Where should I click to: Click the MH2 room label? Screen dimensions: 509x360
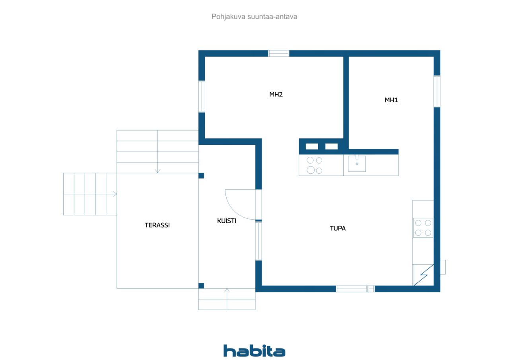(276, 94)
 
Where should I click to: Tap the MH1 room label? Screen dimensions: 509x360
(391, 100)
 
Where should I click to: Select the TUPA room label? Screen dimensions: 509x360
(338, 228)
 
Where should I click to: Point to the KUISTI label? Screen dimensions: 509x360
(227, 221)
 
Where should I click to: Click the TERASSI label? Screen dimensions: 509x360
(157, 225)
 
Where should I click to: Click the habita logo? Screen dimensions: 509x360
(254, 351)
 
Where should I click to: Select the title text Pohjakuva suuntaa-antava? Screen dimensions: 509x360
(254, 17)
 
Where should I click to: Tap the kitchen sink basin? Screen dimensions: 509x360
(357, 163)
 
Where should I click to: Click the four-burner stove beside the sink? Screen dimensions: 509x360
(315, 165)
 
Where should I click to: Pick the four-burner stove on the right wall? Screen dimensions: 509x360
(423, 228)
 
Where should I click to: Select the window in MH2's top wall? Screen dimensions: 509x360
(279, 53)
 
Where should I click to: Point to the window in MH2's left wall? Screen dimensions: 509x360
(202, 96)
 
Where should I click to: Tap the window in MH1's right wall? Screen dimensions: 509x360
(437, 91)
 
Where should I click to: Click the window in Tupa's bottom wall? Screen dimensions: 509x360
(355, 289)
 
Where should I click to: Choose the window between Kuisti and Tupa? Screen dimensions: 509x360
(258, 241)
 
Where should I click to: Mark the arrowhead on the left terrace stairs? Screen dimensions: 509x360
(115, 194)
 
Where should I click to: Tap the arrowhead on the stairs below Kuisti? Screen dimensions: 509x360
(227, 290)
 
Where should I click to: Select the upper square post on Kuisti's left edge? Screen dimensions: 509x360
(201, 175)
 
